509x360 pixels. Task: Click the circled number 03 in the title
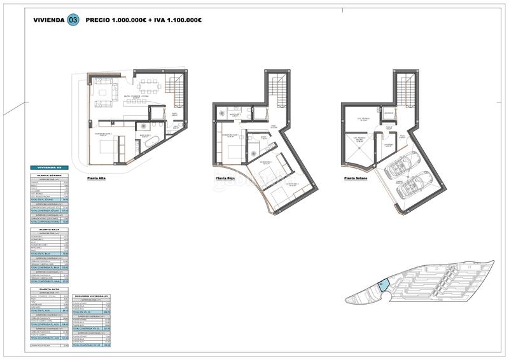[74, 20]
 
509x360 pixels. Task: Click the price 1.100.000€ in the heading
[180, 20]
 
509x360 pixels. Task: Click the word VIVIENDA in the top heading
[49, 20]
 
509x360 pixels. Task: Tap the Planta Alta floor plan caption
[97, 179]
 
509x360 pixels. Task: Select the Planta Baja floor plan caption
[227, 179]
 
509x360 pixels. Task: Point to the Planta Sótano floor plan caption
[358, 179]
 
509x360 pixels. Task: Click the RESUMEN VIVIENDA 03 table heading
[92, 296]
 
